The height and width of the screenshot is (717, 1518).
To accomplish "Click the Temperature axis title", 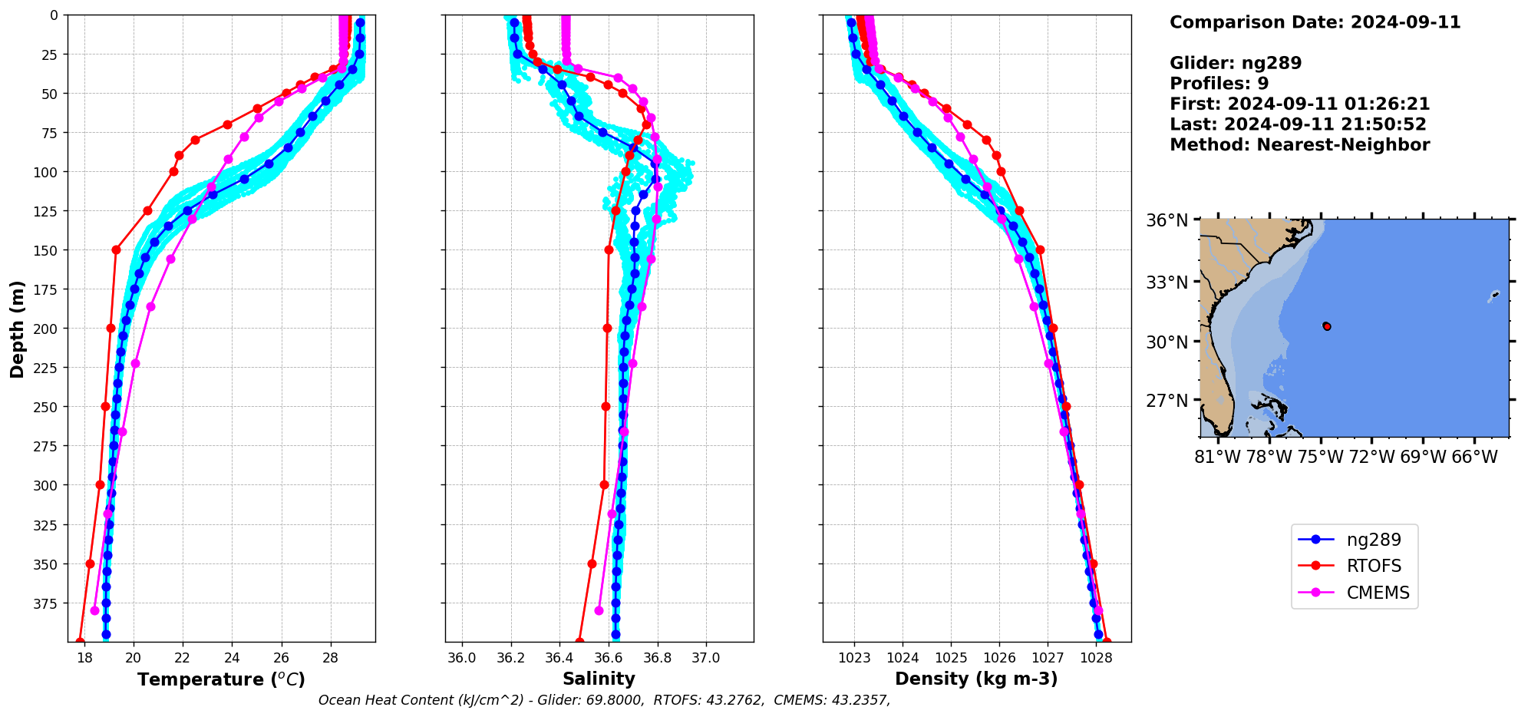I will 221,679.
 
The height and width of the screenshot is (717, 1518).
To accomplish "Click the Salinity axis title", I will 599,679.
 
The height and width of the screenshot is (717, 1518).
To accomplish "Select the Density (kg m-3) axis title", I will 976,679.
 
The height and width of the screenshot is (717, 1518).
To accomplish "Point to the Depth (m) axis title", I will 17,329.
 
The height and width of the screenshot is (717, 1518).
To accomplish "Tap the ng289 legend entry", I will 1374,540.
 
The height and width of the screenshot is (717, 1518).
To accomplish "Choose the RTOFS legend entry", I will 1374,567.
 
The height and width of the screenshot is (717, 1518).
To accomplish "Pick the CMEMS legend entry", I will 1378,593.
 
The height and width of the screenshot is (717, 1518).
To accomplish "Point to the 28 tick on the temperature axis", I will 330,658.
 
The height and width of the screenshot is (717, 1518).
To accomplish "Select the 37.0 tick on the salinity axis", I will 705,658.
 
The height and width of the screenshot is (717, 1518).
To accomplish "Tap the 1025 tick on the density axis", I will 951,658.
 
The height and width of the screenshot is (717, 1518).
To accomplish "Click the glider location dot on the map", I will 1327,326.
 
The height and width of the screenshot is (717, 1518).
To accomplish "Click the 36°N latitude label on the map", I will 1167,221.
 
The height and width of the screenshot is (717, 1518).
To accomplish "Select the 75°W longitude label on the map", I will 1321,458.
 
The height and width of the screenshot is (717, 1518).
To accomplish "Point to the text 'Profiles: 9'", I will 1219,84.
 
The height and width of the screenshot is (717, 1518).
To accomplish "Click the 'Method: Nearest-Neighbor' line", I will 1299,145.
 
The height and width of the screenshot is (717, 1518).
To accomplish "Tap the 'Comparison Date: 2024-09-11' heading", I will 1315,22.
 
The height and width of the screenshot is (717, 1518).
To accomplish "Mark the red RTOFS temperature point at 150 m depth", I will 116,249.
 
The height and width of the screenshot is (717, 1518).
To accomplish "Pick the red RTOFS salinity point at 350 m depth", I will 592,563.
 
